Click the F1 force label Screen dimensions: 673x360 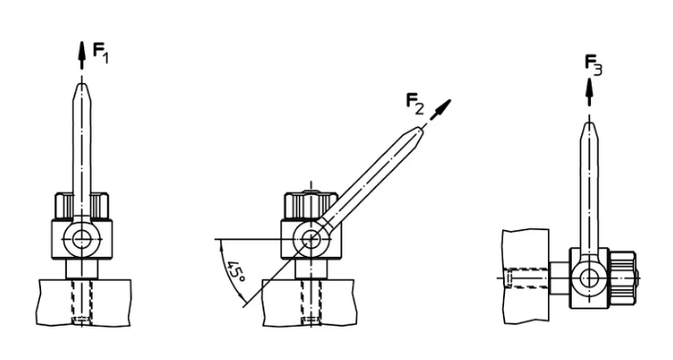pyautogui.click(x=101, y=53)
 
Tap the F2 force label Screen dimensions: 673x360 pyautogui.click(x=415, y=104)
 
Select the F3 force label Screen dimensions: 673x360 pyautogui.click(x=594, y=66)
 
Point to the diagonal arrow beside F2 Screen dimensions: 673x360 pyautogui.click(x=440, y=110)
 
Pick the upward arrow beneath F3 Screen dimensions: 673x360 pyautogui.click(x=589, y=92)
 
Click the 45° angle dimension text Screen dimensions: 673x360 pyautogui.click(x=236, y=271)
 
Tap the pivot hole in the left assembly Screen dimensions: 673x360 pyautogui.click(x=81, y=239)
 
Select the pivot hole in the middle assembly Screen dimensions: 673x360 pyautogui.click(x=311, y=239)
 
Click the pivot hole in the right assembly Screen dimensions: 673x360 pyautogui.click(x=589, y=278)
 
